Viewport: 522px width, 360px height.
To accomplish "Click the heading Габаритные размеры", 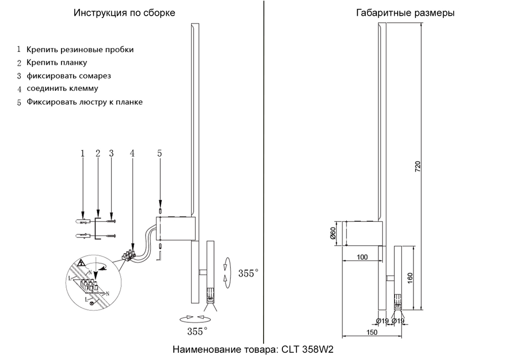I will click(x=405, y=13).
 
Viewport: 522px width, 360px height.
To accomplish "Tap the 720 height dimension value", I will click(x=418, y=166).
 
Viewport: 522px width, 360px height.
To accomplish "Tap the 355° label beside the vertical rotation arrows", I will click(x=248, y=273).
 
